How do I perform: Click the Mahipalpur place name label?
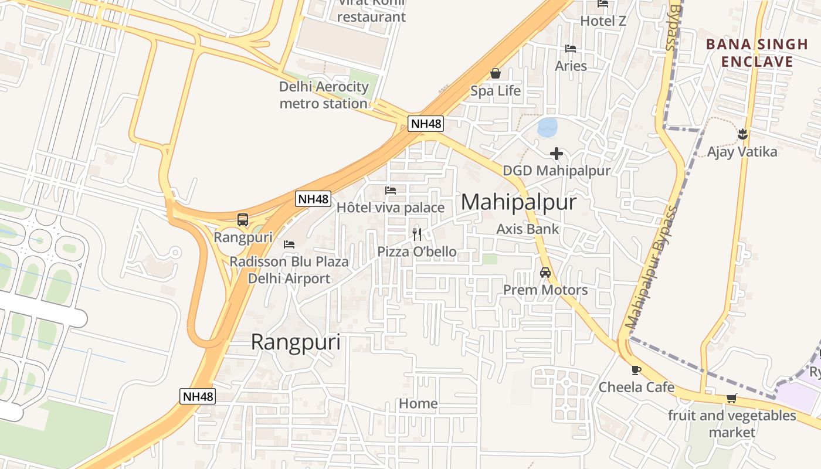point(518,202)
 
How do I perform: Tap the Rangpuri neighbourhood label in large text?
point(296,342)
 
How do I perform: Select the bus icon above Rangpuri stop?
point(243,220)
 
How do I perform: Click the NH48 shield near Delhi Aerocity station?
point(426,124)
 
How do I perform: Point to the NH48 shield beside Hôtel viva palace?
point(313,199)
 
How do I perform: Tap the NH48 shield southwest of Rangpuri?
point(198,396)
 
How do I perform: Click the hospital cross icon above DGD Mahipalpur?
point(557,154)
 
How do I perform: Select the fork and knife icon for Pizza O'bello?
point(417,235)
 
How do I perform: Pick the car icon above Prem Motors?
point(545,273)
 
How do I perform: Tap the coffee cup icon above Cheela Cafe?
point(636,370)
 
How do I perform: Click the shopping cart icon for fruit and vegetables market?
point(731,399)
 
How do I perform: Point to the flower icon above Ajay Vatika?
point(742,134)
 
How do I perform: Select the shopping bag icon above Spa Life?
point(496,73)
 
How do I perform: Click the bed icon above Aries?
point(571,48)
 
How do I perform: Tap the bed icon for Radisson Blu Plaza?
point(289,244)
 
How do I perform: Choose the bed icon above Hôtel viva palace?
point(391,190)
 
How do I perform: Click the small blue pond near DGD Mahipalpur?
point(548,127)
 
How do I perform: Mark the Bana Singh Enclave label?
point(756,53)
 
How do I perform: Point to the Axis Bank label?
point(528,229)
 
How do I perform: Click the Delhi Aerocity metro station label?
point(324,95)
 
